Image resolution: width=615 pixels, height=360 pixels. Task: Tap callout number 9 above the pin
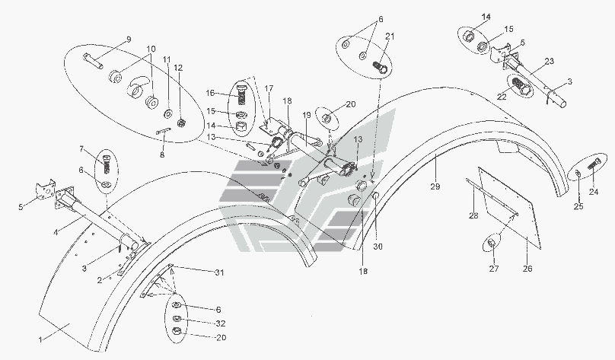pyautogui.click(x=129, y=39)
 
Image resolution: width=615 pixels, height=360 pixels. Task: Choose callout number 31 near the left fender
pyautogui.click(x=220, y=272)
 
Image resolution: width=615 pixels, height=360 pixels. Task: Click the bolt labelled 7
pyautogui.click(x=107, y=164)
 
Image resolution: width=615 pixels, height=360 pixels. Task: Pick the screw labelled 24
pyautogui.click(x=591, y=163)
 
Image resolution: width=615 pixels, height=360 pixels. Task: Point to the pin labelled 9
pyautogui.click(x=97, y=62)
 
